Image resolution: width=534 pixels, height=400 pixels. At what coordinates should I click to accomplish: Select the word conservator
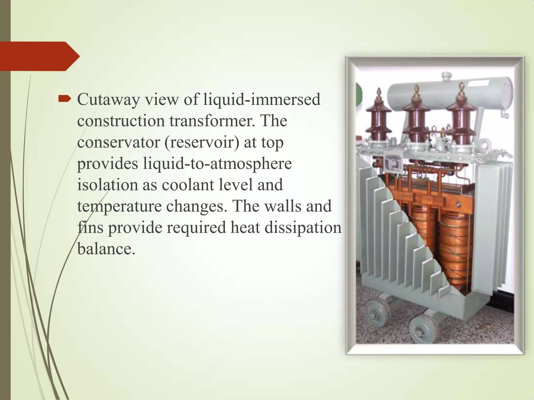[118, 142]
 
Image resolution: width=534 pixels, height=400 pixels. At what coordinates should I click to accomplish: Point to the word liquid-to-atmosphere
[217, 164]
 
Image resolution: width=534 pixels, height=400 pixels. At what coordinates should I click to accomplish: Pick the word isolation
[107, 185]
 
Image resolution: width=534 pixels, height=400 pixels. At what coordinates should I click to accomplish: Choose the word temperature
[119, 207]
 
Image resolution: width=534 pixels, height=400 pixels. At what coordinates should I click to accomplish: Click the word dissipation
[303, 227]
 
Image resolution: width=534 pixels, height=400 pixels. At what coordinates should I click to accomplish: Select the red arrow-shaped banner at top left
[39, 56]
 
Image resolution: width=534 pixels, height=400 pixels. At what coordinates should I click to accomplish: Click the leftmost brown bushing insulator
[378, 115]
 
